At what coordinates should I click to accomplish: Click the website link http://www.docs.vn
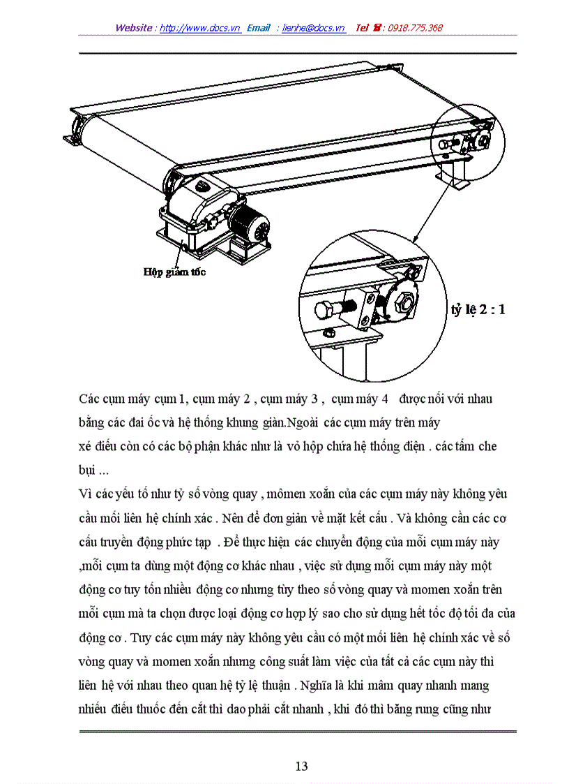pos(200,28)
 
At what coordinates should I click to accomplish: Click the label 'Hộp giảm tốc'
pos(174,273)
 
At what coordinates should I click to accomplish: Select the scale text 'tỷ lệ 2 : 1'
pos(478,309)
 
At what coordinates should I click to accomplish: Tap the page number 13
pos(301,766)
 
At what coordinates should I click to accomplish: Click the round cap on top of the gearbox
pos(202,186)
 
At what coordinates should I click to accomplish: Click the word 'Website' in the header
pos(134,28)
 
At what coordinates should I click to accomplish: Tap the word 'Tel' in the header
pos(362,28)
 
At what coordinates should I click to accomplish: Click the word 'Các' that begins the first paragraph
pos(89,399)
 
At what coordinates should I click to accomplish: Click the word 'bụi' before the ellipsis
pos(86,471)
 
